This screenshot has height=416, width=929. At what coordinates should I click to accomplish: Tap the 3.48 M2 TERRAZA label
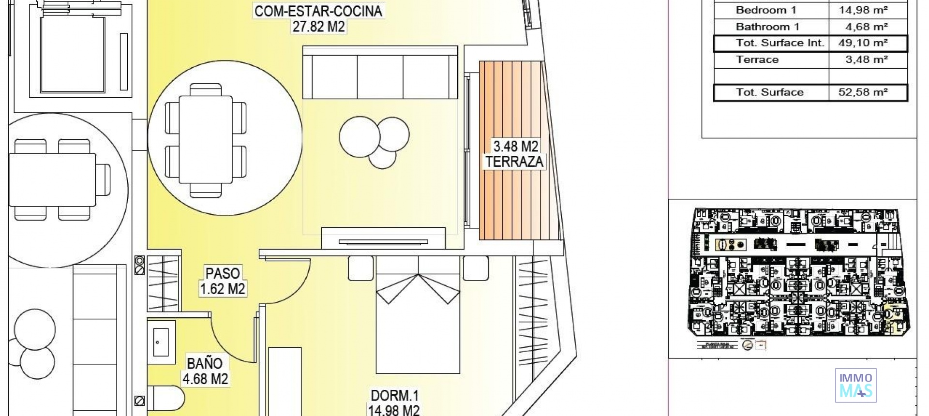(x=515, y=154)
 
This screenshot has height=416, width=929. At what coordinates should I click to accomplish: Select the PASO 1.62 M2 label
(x=223, y=281)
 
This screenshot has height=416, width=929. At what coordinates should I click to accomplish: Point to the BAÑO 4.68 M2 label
(x=205, y=371)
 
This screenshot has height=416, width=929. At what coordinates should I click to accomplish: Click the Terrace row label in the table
(x=757, y=60)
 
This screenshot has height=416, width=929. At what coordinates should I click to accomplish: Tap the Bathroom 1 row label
(x=767, y=27)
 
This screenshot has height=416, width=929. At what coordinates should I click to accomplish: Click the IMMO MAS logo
(x=855, y=386)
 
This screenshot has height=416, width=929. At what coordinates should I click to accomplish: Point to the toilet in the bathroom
(x=165, y=398)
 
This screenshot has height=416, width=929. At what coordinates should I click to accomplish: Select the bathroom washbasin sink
(x=161, y=342)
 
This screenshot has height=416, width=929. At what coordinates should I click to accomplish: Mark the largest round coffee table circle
(x=360, y=137)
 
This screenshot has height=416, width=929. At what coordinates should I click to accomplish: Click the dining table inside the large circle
(x=206, y=139)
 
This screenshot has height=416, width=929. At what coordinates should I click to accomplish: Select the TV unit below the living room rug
(x=383, y=239)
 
